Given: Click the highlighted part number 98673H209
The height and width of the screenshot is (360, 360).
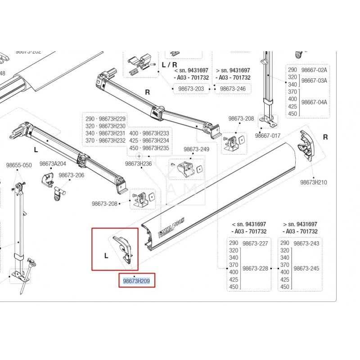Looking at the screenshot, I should tap(136, 281).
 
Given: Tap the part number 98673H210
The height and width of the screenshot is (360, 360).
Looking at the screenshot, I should tap(314, 182).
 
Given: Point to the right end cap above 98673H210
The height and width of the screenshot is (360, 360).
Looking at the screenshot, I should tap(307, 144).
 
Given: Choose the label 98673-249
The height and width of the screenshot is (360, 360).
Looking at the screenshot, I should tap(196, 149).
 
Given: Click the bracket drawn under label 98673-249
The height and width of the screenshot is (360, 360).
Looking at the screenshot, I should tap(186, 169).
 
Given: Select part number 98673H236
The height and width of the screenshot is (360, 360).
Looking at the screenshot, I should tap(138, 164).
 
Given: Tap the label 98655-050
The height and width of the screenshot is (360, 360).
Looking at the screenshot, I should tap(19, 165).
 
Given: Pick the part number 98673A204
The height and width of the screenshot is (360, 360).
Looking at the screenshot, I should tap(53, 164).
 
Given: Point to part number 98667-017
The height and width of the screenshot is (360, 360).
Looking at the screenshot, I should tap(268, 135).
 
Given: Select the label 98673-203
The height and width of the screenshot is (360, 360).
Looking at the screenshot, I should tap(191, 89).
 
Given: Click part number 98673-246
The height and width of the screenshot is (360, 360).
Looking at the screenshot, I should tap(233, 89).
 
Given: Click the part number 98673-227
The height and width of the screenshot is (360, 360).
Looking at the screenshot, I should tap(255, 243).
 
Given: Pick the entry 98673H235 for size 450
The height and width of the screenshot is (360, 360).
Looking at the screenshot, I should tap(151, 148).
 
